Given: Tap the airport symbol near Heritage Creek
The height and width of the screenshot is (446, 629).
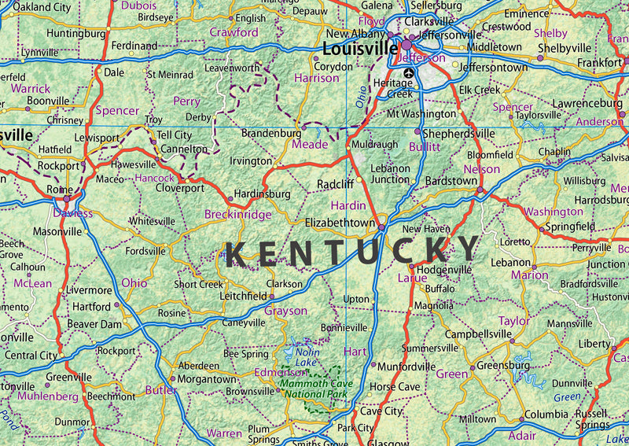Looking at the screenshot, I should click(x=407, y=74).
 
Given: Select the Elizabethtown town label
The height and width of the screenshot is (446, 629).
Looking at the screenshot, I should click(x=340, y=223).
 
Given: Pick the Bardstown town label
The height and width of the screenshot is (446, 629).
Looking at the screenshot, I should click(x=451, y=181).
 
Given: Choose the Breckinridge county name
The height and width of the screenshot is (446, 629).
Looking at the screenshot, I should click(x=237, y=214).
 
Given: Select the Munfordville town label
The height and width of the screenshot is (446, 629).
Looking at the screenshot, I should click(x=406, y=367).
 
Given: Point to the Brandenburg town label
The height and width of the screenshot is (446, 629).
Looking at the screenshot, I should click(x=271, y=134).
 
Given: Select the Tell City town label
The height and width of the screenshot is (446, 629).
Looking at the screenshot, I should click(x=175, y=135).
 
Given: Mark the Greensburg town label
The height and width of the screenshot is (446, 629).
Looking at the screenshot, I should click(x=503, y=366).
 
